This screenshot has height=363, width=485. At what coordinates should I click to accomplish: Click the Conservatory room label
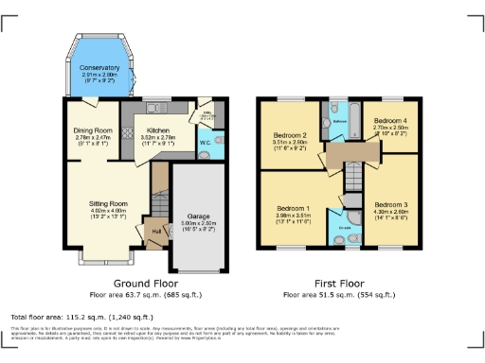point(99,68)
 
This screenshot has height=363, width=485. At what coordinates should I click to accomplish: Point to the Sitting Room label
point(107,203)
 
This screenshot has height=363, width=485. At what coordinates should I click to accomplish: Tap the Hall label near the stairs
point(153,229)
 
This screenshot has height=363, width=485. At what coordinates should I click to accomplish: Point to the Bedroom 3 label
point(388,205)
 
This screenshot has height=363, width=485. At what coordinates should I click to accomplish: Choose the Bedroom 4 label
point(388,122)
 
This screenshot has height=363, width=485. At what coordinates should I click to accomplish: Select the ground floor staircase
point(160,194)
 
